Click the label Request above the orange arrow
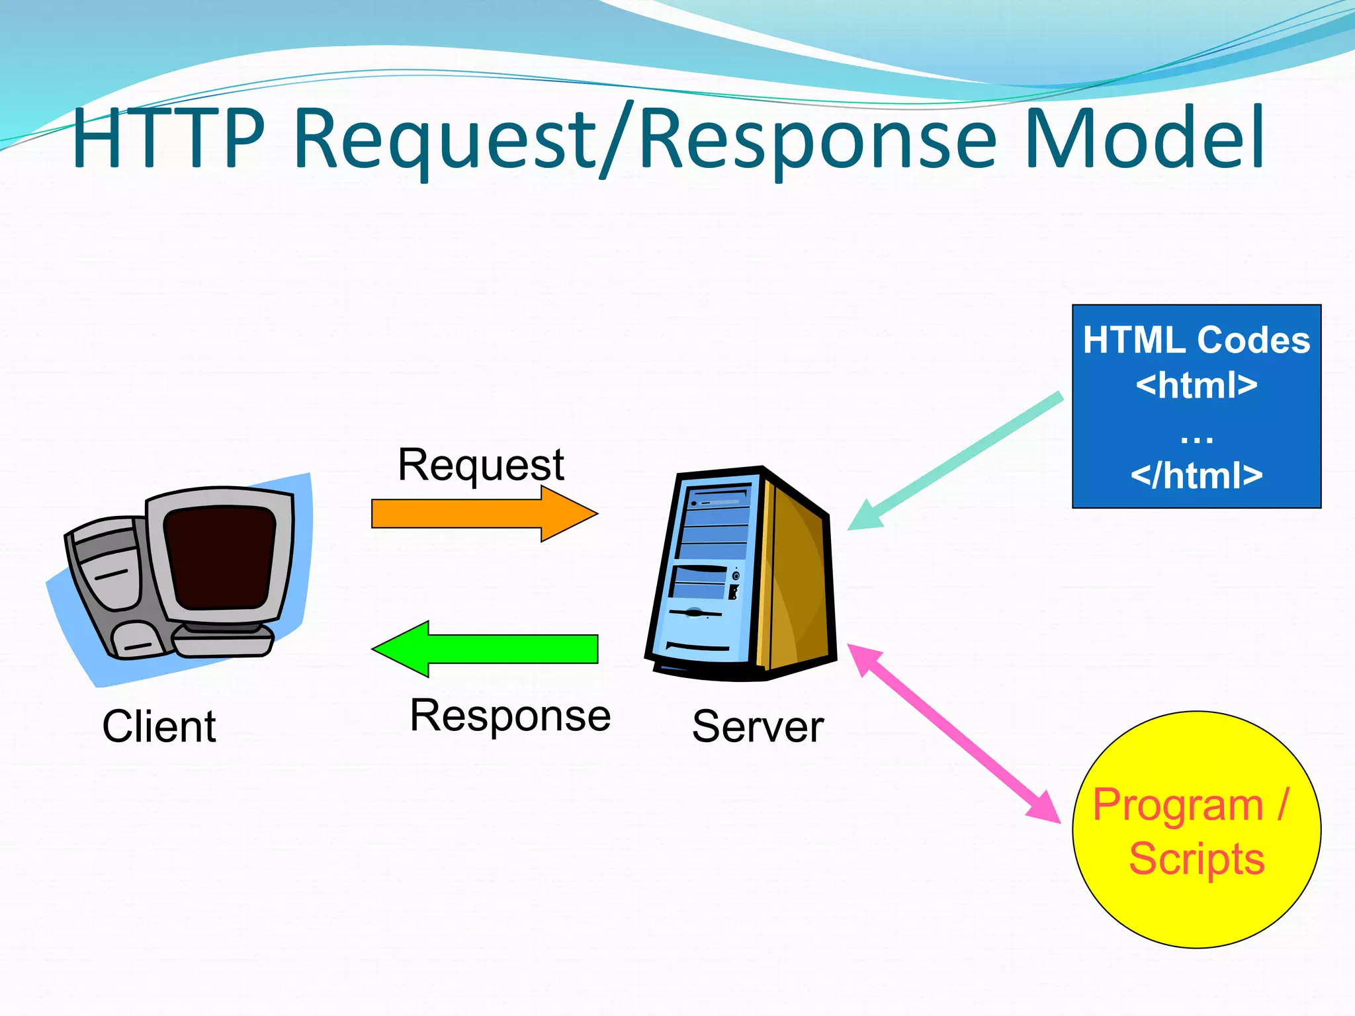point(481,465)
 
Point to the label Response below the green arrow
point(510,716)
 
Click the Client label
point(159,727)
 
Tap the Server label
point(758,727)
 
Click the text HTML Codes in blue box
point(1196,341)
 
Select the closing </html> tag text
point(1196,476)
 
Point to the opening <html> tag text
point(1196,385)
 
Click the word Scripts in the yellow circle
point(1196,859)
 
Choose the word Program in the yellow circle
point(1178,806)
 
